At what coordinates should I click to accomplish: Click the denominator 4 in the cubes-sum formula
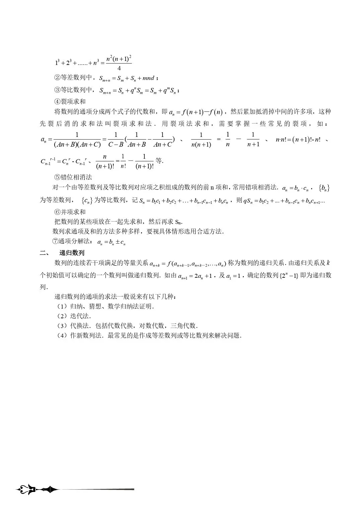tap(119, 69)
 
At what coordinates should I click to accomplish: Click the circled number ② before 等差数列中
tap(57, 78)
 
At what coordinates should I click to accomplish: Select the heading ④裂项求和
tap(70, 101)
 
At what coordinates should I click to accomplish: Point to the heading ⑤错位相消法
tap(73, 177)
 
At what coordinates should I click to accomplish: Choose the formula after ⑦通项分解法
tap(111, 242)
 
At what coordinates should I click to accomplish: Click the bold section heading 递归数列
tap(72, 253)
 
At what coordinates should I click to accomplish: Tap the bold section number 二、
tap(45, 253)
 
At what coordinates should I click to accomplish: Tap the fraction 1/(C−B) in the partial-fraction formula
tap(116, 140)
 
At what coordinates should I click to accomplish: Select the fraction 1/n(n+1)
tap(201, 140)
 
